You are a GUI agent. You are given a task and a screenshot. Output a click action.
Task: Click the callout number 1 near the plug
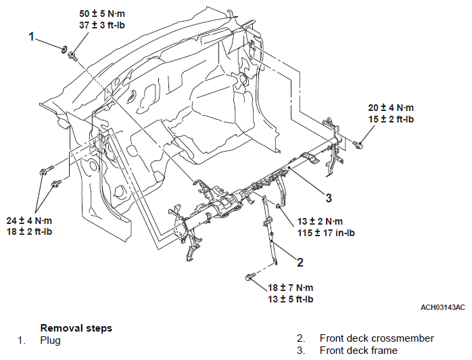[x=31, y=37]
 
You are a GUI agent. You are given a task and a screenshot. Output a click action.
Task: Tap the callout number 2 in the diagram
[x=300, y=263]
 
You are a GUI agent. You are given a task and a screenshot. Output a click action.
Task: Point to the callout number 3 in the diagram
[x=329, y=198]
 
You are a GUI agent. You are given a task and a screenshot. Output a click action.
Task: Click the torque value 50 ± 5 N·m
[x=102, y=14]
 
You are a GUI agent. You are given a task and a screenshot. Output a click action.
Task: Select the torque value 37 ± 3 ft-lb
[x=102, y=25]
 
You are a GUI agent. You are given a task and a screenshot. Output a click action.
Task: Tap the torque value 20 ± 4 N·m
[x=391, y=108]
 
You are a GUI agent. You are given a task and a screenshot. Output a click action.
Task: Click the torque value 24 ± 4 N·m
[x=29, y=221]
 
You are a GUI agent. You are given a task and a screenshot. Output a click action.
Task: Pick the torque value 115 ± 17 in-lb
[x=326, y=233]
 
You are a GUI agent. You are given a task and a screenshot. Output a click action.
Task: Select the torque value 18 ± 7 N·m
[x=291, y=288]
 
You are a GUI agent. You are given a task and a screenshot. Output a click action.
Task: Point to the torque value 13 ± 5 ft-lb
[x=291, y=299]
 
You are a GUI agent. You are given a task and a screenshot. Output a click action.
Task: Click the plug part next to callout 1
[x=64, y=49]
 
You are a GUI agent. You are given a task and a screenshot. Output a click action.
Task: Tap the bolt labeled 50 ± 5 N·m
[x=72, y=56]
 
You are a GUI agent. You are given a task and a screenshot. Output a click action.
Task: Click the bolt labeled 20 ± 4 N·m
[x=358, y=145]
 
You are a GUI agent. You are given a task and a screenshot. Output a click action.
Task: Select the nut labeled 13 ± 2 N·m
[x=279, y=206]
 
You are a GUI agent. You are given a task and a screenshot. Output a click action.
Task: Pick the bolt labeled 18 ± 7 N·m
[x=250, y=276]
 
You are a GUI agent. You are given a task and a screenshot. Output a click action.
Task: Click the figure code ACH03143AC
[x=442, y=307]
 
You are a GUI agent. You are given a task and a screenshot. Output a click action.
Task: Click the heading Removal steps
[x=76, y=328]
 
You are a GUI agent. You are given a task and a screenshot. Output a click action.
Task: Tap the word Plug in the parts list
[x=50, y=341]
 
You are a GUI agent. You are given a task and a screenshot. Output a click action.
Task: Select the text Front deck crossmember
[x=377, y=338]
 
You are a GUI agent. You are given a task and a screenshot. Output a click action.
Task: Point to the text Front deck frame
[x=358, y=351]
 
